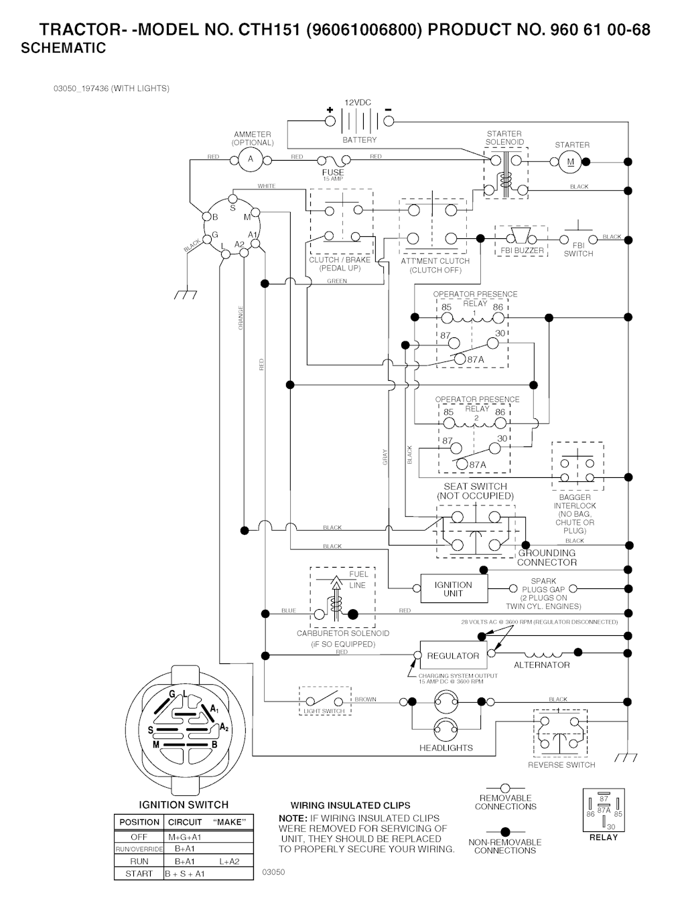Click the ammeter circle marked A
tap(251, 159)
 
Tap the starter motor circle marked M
tap(571, 161)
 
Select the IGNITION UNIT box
tap(453, 588)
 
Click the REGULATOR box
tap(453, 655)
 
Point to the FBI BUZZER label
tap(522, 251)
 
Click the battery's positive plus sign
tap(330, 110)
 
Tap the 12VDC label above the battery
tap(358, 102)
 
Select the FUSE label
tap(333, 172)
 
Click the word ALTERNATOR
tap(541, 665)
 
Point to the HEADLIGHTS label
tap(445, 748)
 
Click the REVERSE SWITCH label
tap(561, 764)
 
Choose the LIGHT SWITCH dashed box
tap(324, 700)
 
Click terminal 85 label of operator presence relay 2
tap(448, 412)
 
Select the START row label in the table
tap(139, 874)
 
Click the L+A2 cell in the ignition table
tap(228, 861)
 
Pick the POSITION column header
tap(139, 822)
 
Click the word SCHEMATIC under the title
tap(64, 48)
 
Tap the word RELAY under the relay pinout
tap(604, 837)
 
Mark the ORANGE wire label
tap(241, 317)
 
